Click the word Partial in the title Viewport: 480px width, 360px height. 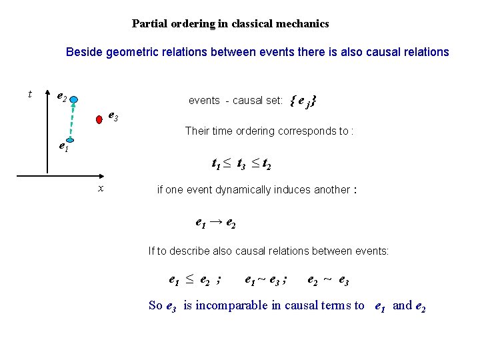[x=149, y=24]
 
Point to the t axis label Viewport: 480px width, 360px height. [x=30, y=94]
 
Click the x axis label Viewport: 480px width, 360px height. [x=100, y=189]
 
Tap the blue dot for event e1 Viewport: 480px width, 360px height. [x=74, y=141]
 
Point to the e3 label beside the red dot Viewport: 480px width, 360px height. [x=113, y=116]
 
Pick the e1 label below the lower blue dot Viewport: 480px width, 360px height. [x=62, y=147]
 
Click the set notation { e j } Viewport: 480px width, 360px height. [x=303, y=101]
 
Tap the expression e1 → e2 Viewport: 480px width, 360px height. [x=215, y=223]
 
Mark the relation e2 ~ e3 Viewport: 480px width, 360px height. [x=327, y=281]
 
